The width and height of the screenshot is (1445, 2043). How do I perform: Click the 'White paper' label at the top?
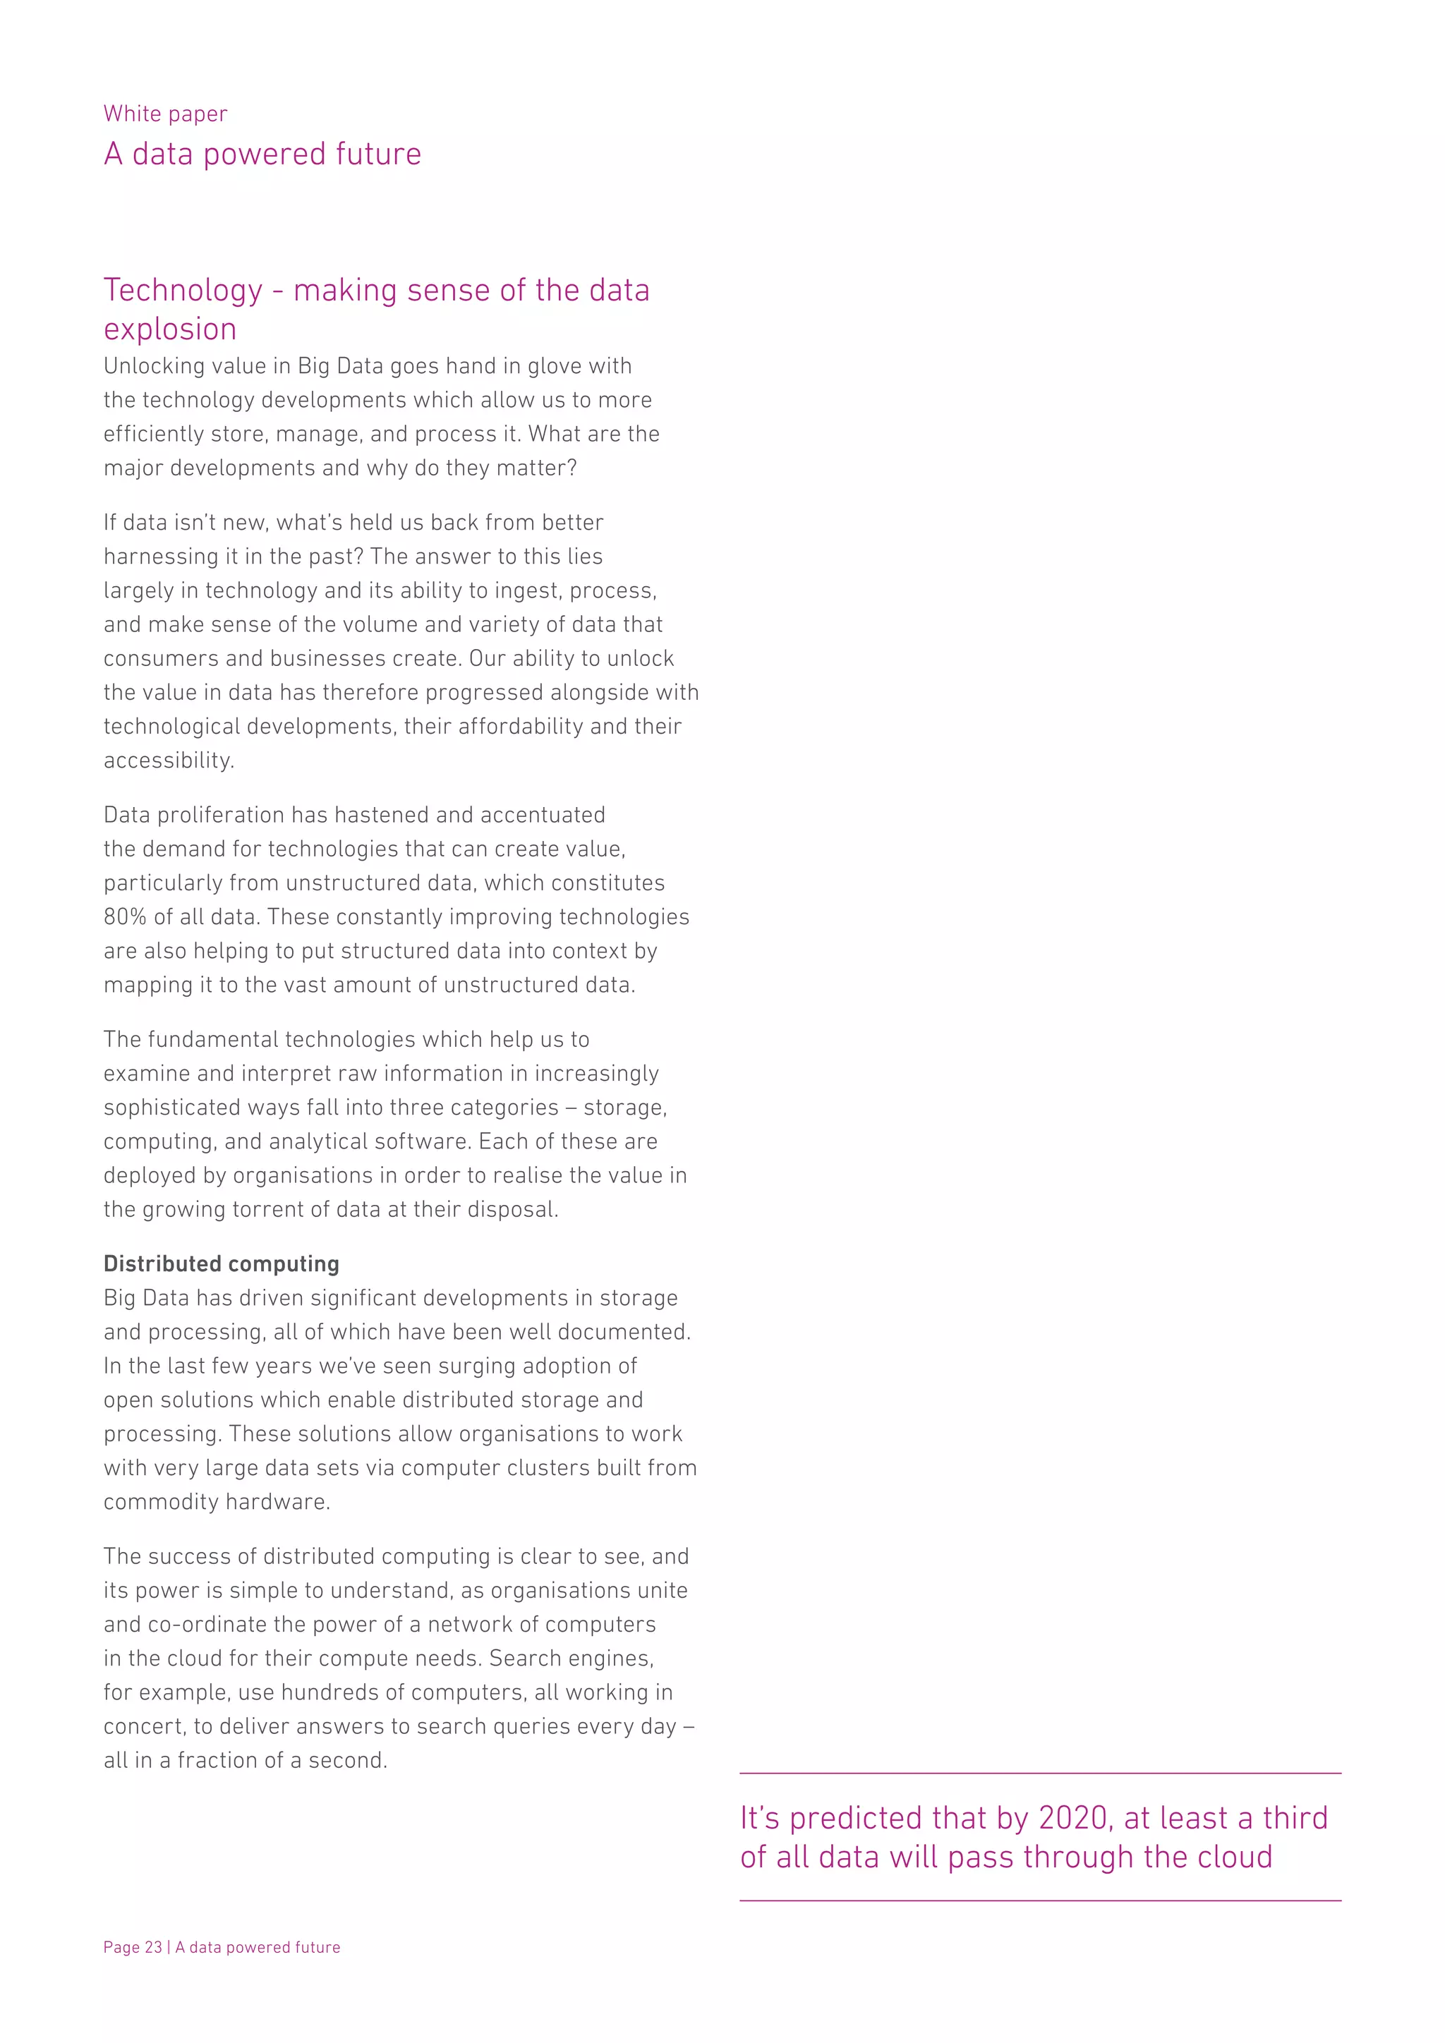pyautogui.click(x=166, y=114)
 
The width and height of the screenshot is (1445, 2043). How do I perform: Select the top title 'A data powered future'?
pyautogui.click(x=262, y=154)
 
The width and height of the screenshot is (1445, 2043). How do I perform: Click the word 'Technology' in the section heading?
pyautogui.click(x=183, y=290)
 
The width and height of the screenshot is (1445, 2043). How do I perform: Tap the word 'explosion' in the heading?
pyautogui.click(x=170, y=329)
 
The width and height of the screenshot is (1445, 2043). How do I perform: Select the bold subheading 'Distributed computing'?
pyautogui.click(x=222, y=1263)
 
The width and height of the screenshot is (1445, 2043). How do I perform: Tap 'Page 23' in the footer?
pyautogui.click(x=133, y=1947)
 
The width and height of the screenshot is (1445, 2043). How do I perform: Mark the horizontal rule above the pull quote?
pyautogui.click(x=1040, y=1774)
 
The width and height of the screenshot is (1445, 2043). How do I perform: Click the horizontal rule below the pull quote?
pyautogui.click(x=1040, y=1900)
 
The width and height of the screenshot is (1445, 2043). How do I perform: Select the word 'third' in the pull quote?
pyautogui.click(x=1295, y=1818)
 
